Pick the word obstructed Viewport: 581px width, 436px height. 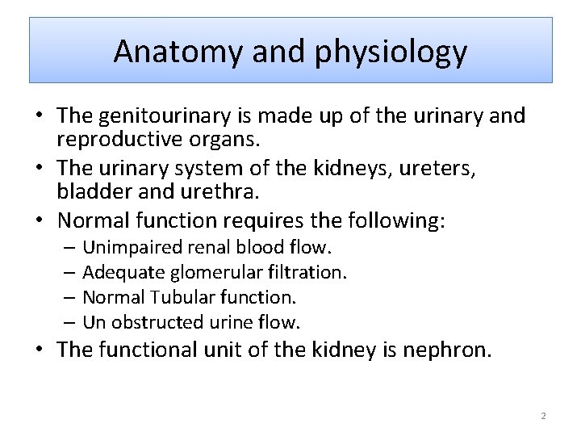157,322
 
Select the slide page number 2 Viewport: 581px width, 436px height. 543,416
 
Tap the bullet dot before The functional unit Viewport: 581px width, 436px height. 40,350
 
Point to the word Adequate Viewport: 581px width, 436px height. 117,272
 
